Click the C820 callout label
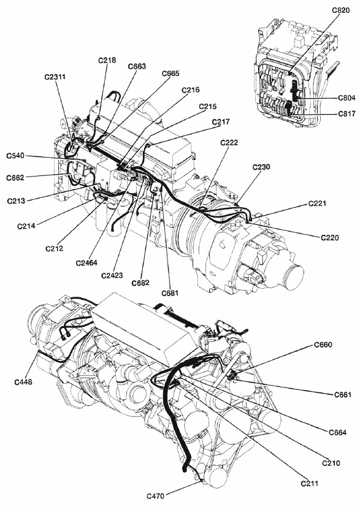pos(341,10)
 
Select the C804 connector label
pos(347,97)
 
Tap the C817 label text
pos(347,114)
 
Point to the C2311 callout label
pos(55,77)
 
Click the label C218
pos(107,60)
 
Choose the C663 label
pos(137,66)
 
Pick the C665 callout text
pos(170,74)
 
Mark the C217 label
pos(221,122)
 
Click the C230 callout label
pos(261,167)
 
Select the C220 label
pos(330,238)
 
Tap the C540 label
pos(15,156)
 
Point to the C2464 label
pos(86,263)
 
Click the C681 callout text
pos(170,293)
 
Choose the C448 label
pos(23,382)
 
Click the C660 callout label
pos(323,345)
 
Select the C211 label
pos(310,483)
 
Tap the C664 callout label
pos(338,432)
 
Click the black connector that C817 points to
pos(288,109)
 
